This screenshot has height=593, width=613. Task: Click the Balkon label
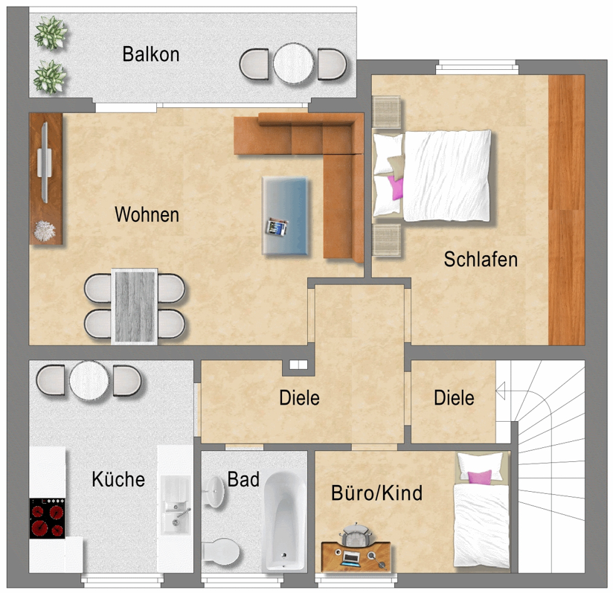tap(151, 54)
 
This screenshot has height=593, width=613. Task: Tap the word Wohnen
tap(147, 214)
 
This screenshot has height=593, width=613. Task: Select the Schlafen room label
tap(481, 259)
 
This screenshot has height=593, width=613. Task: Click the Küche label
tap(118, 478)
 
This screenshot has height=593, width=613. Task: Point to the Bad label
tap(243, 479)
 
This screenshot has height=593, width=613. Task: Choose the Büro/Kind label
tap(377, 493)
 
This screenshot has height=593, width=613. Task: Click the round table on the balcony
tap(293, 63)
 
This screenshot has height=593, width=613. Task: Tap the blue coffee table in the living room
tap(285, 216)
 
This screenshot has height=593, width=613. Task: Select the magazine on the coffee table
tap(277, 228)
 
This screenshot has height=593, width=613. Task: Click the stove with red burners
tap(48, 518)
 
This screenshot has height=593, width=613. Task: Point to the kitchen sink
tap(176, 504)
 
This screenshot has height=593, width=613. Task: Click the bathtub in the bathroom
tap(284, 521)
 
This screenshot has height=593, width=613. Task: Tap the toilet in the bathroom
tap(220, 551)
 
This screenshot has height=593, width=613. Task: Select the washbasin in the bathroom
tap(214, 491)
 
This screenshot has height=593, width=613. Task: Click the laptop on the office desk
tap(350, 558)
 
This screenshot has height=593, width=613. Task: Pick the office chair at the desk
tap(356, 534)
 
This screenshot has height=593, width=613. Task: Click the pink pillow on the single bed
tap(479, 477)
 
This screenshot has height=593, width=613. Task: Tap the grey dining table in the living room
tap(135, 307)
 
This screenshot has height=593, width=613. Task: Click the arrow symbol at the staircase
tap(501, 391)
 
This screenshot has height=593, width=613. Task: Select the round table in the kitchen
tap(89, 381)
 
